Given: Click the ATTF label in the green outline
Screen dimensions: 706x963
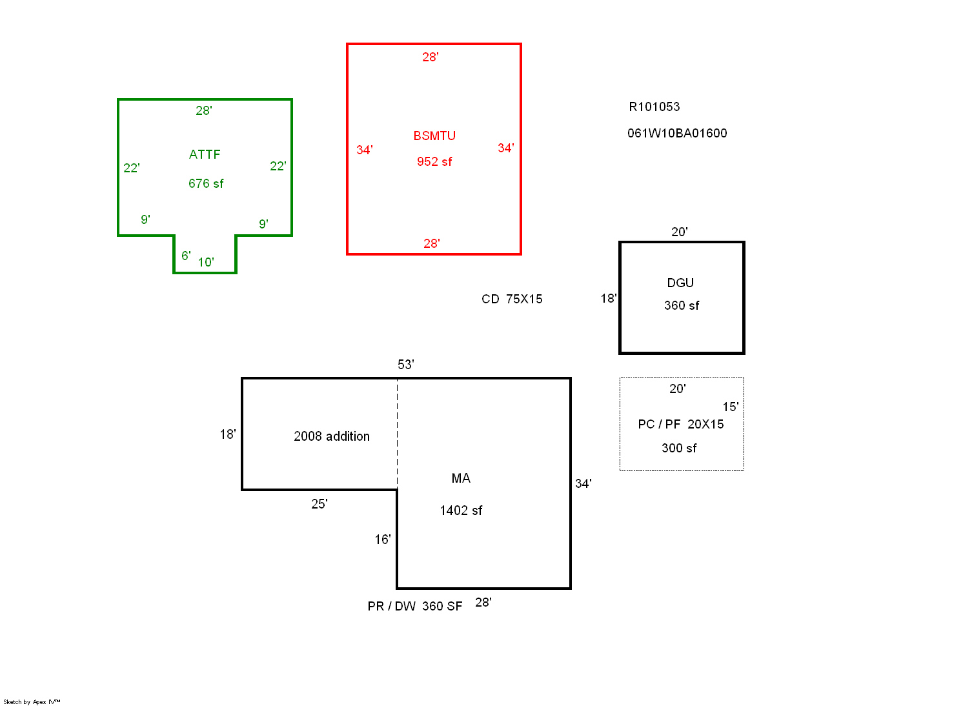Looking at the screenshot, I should pyautogui.click(x=205, y=154).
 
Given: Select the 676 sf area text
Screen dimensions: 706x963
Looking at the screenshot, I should pyautogui.click(x=206, y=183).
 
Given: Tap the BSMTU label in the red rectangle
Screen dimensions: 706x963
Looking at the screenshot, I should pyautogui.click(x=434, y=136).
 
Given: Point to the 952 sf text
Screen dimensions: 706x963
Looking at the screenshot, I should pyautogui.click(x=434, y=161).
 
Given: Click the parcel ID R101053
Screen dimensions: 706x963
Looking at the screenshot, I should pyautogui.click(x=654, y=106).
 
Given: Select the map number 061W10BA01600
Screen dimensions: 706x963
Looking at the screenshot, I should pyautogui.click(x=677, y=133).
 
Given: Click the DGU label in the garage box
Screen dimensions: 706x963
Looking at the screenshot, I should pyautogui.click(x=680, y=283).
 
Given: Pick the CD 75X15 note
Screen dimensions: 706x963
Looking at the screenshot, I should pyautogui.click(x=512, y=299).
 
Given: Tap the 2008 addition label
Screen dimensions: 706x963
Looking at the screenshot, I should pyautogui.click(x=332, y=436).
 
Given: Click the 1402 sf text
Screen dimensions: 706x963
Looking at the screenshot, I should pyautogui.click(x=461, y=510).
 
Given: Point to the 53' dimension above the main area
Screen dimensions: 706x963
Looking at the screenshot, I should pyautogui.click(x=405, y=365).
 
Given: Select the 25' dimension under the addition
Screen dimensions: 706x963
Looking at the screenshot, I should pyautogui.click(x=319, y=504).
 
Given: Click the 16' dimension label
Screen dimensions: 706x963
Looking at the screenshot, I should pyautogui.click(x=382, y=540).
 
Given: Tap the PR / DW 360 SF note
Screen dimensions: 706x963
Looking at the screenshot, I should pyautogui.click(x=414, y=606).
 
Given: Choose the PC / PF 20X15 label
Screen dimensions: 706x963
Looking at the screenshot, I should pyautogui.click(x=680, y=424).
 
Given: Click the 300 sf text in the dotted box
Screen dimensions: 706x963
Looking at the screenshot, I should pyautogui.click(x=679, y=448).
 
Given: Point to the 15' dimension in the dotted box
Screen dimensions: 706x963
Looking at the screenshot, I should pyautogui.click(x=730, y=407).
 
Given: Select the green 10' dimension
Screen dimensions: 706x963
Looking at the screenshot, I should pyautogui.click(x=205, y=262).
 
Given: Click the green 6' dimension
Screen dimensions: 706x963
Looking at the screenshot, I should pyautogui.click(x=186, y=256).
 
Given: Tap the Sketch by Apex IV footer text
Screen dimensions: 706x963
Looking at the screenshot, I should pyautogui.click(x=32, y=701).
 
